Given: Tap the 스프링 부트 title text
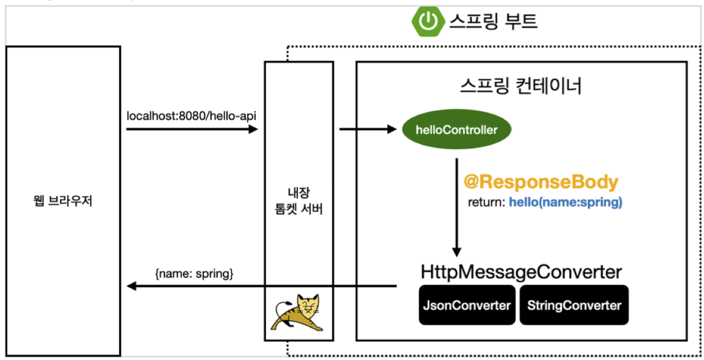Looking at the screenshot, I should (493, 21).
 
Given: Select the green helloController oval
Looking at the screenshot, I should (456, 130).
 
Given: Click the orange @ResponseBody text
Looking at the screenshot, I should (541, 183).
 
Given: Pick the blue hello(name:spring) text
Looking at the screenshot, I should (565, 202).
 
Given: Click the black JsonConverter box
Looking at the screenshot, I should (467, 305).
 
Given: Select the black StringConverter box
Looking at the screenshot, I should (574, 305).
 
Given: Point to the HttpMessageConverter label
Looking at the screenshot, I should (521, 272).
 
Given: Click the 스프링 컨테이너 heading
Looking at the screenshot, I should (521, 86).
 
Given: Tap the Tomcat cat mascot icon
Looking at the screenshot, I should (299, 312).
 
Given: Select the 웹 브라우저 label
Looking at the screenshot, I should (63, 201).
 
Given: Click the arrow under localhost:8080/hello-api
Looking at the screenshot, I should (192, 129).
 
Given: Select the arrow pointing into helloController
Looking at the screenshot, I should (367, 129).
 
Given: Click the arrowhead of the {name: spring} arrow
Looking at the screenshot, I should (131, 286).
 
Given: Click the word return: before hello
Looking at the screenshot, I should (487, 202).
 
